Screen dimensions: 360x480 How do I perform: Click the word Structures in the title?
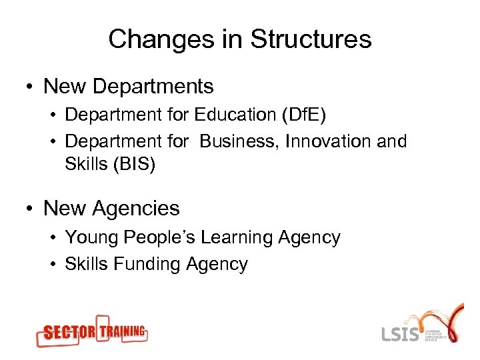[x=311, y=39]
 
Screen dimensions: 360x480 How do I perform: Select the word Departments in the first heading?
[x=153, y=87]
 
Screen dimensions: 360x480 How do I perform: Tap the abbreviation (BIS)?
[x=133, y=164]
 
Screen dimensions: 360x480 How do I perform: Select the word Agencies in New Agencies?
[x=136, y=209]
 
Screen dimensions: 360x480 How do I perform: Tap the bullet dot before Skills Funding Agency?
[x=54, y=265]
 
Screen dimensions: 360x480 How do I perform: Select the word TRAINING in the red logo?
[x=122, y=330]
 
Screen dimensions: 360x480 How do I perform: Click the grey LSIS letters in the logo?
[x=401, y=333]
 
